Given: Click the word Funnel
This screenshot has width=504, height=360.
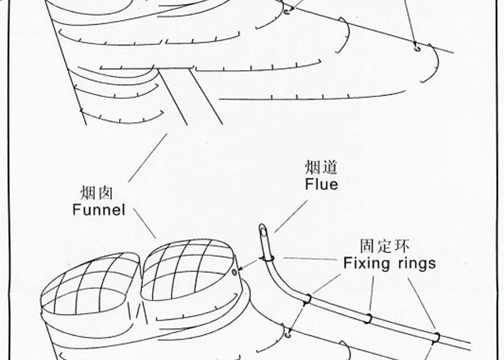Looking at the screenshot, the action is (99, 210).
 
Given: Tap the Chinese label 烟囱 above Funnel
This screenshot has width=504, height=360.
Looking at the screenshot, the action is (96, 193).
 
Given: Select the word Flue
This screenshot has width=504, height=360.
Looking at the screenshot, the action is (321, 184).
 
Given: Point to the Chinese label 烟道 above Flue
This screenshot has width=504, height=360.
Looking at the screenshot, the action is (321, 167).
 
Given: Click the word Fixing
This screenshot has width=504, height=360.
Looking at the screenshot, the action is (366, 263).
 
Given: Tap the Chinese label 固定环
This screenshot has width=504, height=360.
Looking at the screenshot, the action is (384, 246).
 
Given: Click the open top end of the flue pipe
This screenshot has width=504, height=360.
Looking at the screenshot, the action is (262, 230).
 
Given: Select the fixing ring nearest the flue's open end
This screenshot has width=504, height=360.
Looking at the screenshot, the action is (267, 258).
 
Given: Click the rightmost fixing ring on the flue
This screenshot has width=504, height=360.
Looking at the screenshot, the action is (436, 339).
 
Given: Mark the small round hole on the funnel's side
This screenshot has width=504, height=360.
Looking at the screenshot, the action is (234, 272).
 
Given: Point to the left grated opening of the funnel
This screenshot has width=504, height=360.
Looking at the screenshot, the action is (90, 283).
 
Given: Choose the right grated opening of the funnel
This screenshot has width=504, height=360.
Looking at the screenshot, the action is (187, 269).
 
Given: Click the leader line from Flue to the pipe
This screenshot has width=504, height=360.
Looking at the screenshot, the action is (291, 217).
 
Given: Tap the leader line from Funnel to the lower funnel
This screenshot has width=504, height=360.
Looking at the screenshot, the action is (145, 224).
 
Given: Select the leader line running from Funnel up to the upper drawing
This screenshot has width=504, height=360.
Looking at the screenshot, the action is (148, 158).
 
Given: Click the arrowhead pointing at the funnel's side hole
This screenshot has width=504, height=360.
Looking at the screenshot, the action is (241, 269).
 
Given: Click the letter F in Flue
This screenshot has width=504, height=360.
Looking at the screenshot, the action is (308, 184).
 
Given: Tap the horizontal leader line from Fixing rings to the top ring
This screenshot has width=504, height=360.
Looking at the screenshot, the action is (311, 259).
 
